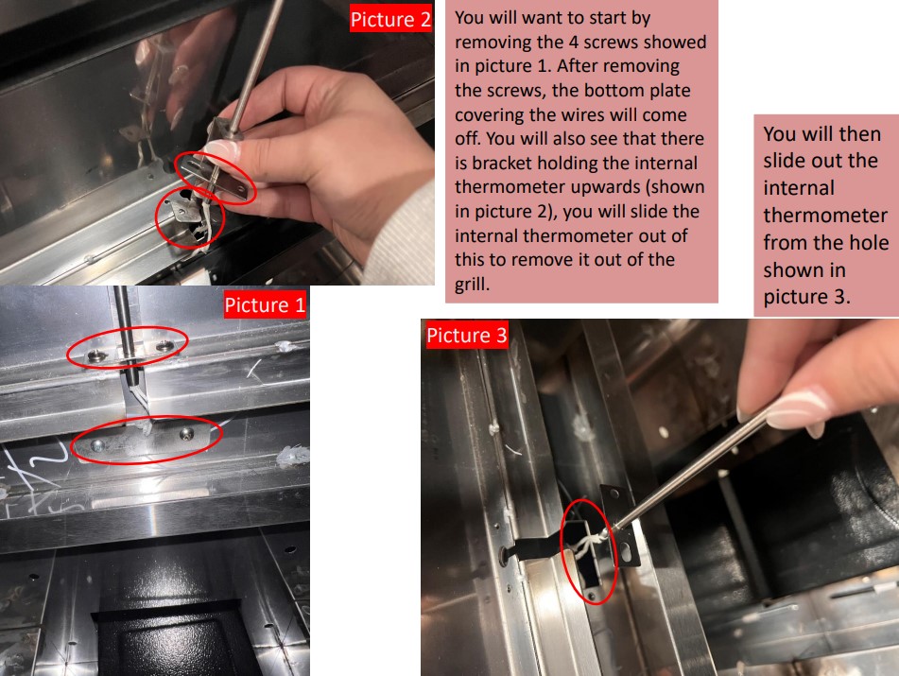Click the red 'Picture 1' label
pyautogui.click(x=265, y=305)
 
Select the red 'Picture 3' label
pyautogui.click(x=467, y=336)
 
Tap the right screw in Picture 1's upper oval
pyautogui.click(x=164, y=347)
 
